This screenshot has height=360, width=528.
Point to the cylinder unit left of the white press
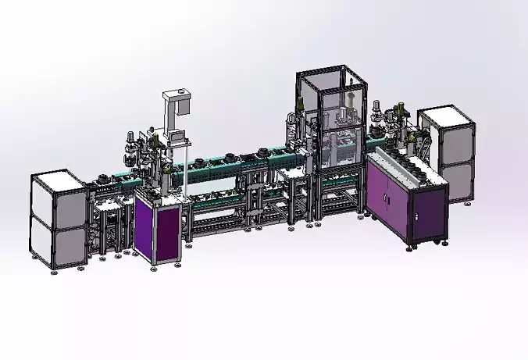(x=130, y=148)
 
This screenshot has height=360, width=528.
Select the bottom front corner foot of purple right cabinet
(x=412, y=250)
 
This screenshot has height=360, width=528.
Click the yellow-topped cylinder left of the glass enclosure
(x=298, y=117)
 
